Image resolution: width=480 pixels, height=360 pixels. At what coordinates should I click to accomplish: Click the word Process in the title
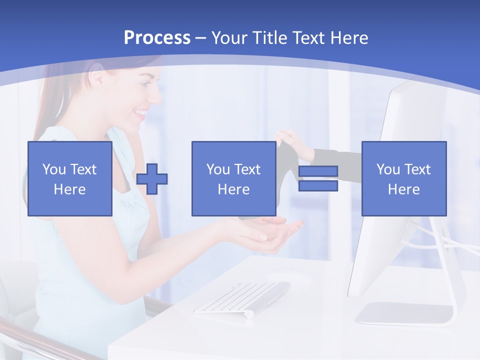(x=157, y=38)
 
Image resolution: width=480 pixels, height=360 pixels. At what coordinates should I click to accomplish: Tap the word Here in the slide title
(x=348, y=38)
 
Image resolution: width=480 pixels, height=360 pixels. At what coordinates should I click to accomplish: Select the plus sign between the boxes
(x=152, y=178)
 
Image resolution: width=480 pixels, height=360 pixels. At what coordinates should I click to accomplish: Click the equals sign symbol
(x=318, y=178)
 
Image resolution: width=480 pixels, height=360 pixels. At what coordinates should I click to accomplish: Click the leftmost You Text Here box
(x=70, y=178)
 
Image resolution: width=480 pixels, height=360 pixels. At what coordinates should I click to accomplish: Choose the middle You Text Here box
(x=234, y=178)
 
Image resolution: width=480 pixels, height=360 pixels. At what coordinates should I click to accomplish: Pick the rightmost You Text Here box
(x=404, y=178)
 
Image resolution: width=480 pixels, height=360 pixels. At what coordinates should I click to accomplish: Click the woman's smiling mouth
(x=142, y=112)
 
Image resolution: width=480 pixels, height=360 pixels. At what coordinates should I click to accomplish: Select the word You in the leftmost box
(x=53, y=169)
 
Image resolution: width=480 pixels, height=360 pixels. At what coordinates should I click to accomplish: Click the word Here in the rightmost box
(x=404, y=189)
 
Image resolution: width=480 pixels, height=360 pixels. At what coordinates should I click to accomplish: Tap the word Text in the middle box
(x=247, y=169)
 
